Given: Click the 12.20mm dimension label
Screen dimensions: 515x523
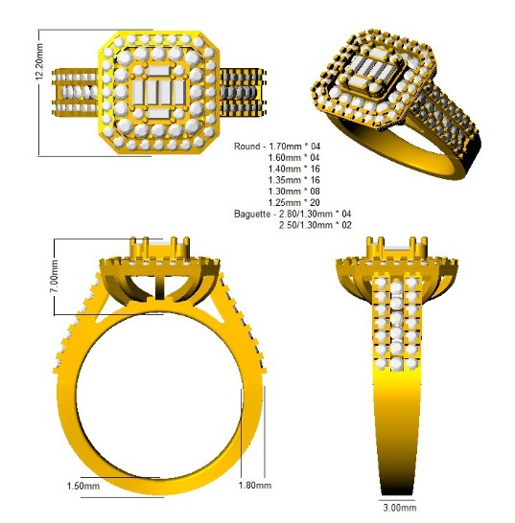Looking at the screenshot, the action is [39, 61].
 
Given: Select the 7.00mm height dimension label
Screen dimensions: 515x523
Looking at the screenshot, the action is [54, 277].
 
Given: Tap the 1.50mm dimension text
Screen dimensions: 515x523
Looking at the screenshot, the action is [83, 486].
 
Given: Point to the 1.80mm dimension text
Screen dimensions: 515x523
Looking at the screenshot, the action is [255, 485].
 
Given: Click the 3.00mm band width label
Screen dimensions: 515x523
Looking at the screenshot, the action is [400, 508].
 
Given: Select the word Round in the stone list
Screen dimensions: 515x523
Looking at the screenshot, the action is [247, 147].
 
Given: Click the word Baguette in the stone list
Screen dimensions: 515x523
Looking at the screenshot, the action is [252, 214].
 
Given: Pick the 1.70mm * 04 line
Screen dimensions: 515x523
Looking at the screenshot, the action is [294, 147].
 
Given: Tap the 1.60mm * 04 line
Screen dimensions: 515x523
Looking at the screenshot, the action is [293, 157].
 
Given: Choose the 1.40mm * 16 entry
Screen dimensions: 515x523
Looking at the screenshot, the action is [293, 169].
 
